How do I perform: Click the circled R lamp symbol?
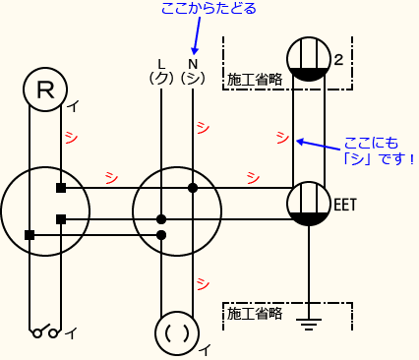[x=45, y=90]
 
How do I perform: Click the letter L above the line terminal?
[x=161, y=63]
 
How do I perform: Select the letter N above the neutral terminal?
[x=193, y=63]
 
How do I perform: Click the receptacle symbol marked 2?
[x=308, y=59]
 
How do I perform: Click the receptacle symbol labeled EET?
[x=309, y=205]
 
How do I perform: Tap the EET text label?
[x=345, y=205]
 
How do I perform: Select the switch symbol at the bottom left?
[x=45, y=332]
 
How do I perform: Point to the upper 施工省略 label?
[x=254, y=79]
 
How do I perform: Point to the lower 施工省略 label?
[x=254, y=314]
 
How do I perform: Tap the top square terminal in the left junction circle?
[x=61, y=187]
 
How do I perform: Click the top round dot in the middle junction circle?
[x=193, y=187]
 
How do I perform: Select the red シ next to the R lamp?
[x=71, y=137]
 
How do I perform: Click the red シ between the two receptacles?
[x=282, y=136]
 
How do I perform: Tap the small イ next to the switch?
[x=70, y=333]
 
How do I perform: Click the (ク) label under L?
[x=160, y=77]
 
